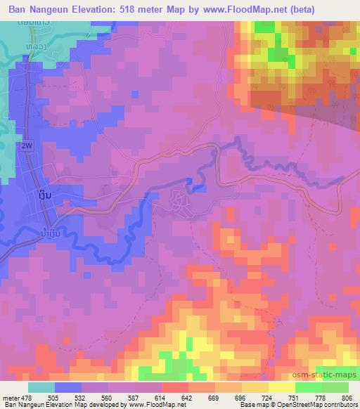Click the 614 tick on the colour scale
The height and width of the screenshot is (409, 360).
tap(160, 397)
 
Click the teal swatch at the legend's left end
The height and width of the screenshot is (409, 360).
tap(42, 387)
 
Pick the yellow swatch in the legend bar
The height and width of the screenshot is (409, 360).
tap(281, 387)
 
